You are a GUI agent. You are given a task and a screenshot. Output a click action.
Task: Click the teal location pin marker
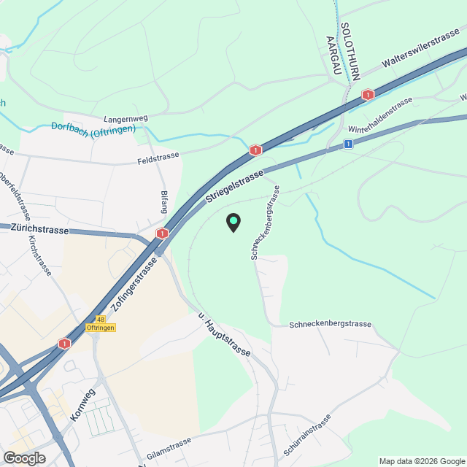tap(233, 223)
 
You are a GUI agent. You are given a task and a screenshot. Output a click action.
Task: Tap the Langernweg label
tap(127, 117)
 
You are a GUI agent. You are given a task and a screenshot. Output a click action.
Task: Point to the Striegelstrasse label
tap(234, 187)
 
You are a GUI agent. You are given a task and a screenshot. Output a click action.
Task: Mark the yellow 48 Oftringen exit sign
tap(101, 323)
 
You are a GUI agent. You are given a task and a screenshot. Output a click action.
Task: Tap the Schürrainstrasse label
tap(306, 436)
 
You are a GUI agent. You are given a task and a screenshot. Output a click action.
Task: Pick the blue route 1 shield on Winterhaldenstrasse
tap(349, 144)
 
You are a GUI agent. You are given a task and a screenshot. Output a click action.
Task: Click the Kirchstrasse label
tap(39, 255)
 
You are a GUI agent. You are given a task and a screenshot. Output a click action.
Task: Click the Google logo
tap(23, 458)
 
